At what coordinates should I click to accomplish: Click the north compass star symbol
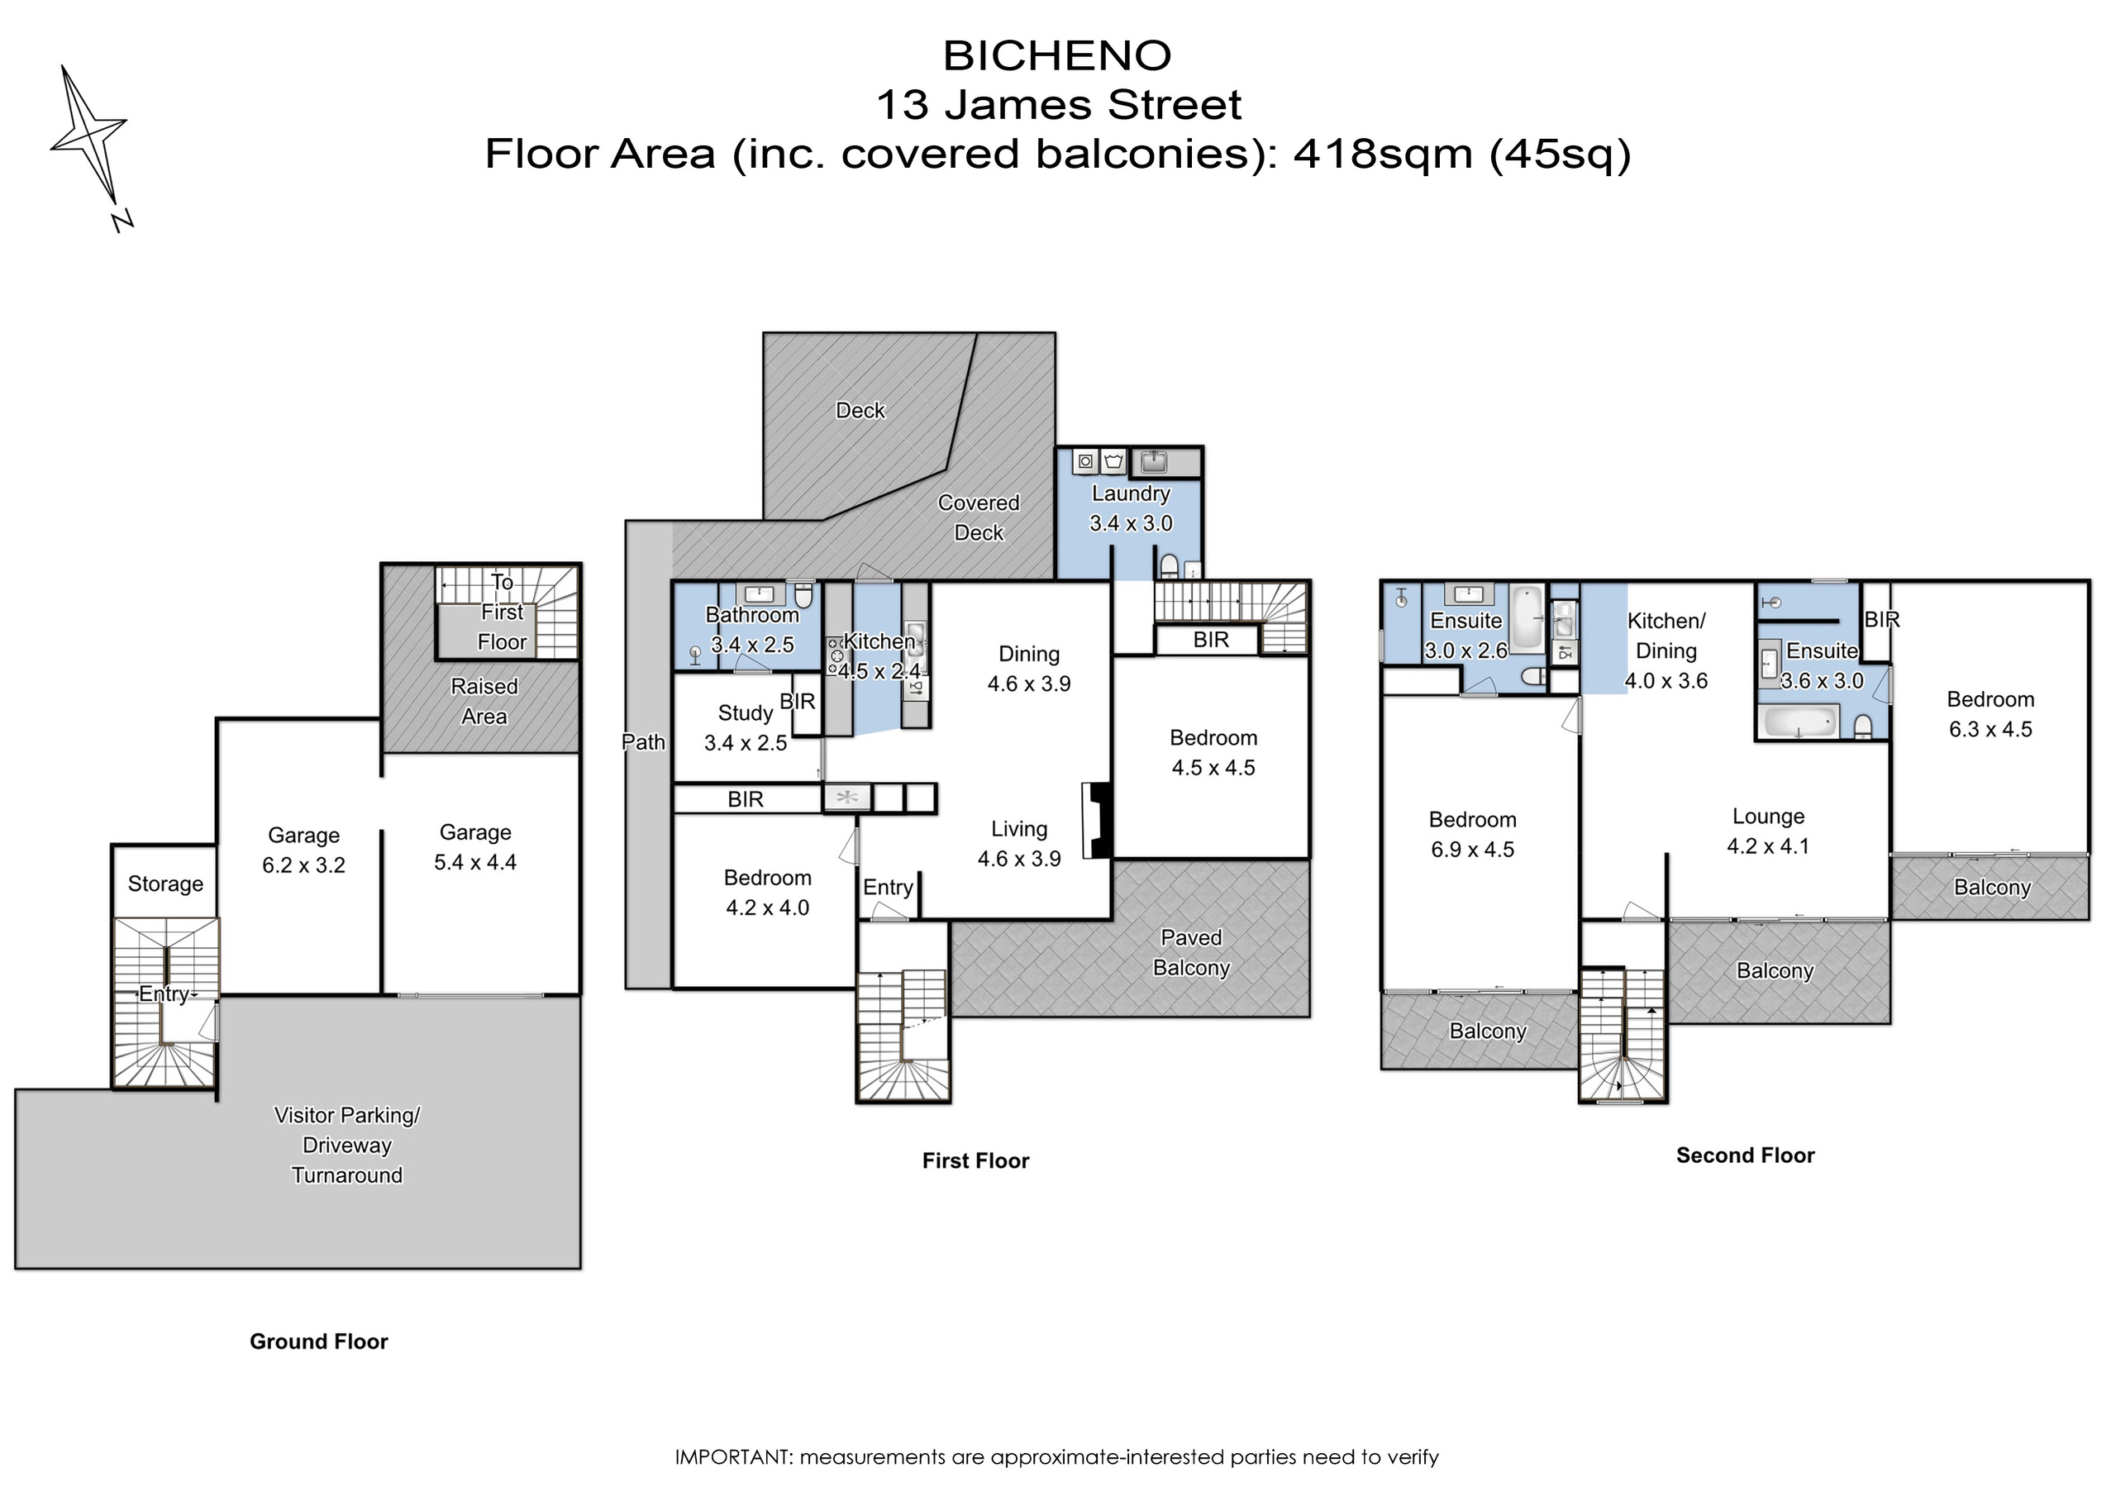[x=89, y=138]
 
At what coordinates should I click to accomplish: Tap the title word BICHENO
[x=1057, y=56]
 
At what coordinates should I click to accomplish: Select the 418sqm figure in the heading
[x=1382, y=154]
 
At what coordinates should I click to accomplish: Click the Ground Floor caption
[x=319, y=1341]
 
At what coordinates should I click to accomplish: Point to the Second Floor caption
[x=1745, y=1155]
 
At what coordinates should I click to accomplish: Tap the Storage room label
[x=165, y=884]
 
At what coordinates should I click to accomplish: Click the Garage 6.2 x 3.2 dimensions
[x=303, y=865]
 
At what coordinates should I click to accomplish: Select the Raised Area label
[x=484, y=702]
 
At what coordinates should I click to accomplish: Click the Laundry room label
[x=1131, y=494]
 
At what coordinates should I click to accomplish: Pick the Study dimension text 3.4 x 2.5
[x=746, y=743]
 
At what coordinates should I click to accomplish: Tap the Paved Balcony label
[x=1191, y=952]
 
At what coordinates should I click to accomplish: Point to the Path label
[x=643, y=742]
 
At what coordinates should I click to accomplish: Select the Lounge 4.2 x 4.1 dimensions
[x=1768, y=846]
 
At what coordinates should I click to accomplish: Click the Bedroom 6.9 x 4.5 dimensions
[x=1472, y=850]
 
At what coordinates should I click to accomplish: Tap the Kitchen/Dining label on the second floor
[x=1666, y=636]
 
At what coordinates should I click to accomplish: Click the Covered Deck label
[x=979, y=517]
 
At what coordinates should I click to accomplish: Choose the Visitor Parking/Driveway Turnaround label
[x=347, y=1145]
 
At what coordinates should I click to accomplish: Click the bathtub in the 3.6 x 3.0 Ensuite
[x=1799, y=721]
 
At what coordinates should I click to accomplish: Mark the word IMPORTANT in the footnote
[x=732, y=1457]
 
